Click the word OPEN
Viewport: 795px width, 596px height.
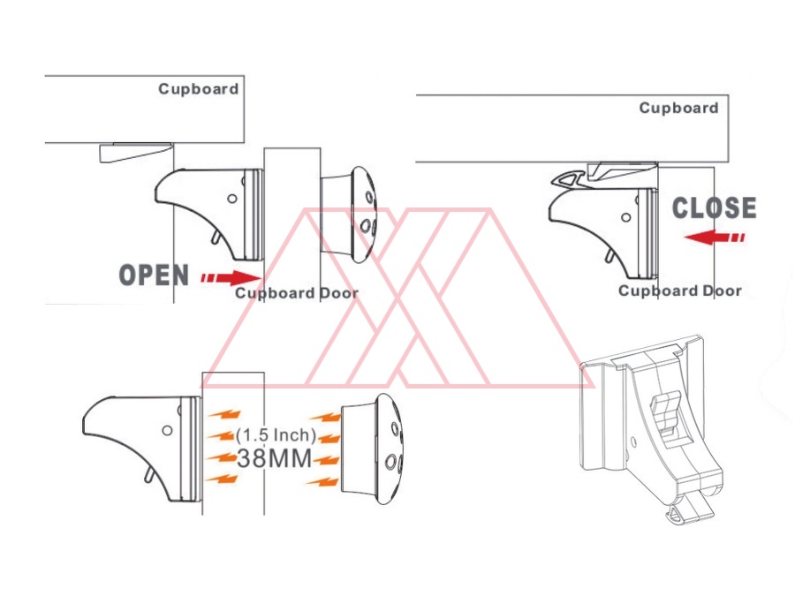point(154,275)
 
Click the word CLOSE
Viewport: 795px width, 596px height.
point(714,208)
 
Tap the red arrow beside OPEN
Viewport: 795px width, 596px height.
point(231,278)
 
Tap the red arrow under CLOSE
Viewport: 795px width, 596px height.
point(715,237)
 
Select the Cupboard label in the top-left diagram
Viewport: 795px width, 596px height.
point(198,89)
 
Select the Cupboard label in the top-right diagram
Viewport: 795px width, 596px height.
point(678,108)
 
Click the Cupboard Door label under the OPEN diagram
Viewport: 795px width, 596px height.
point(297,293)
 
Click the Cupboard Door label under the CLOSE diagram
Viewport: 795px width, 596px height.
point(680,290)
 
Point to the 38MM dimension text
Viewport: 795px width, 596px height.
point(275,458)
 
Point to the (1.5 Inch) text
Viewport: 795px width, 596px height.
point(276,434)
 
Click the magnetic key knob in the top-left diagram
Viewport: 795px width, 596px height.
point(349,215)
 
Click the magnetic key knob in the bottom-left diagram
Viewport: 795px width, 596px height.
point(373,448)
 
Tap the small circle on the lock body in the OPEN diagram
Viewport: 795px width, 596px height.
point(232,199)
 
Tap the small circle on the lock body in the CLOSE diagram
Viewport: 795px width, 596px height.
point(626,217)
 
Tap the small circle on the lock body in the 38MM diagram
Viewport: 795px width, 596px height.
point(167,430)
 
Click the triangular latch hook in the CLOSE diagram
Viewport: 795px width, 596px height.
point(569,179)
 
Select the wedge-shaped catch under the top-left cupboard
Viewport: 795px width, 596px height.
point(136,153)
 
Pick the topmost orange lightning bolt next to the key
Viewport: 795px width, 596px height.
point(325,418)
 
